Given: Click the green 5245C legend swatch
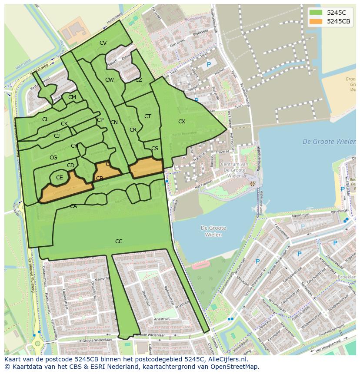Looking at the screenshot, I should click(x=316, y=13).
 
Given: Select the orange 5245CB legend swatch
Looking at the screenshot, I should click(x=316, y=21).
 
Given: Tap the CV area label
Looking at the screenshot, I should click(x=103, y=43).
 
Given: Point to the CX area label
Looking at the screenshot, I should click(x=182, y=122).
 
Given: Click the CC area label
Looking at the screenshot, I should click(x=119, y=242).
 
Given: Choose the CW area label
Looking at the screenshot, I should click(x=110, y=80).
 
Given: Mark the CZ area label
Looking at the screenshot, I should click(x=139, y=80).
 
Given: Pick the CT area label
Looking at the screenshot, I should click(x=147, y=116).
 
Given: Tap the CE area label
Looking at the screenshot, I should click(x=60, y=178).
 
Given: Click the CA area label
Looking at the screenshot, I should click(x=73, y=206).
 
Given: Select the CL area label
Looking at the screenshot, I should click(x=45, y=119).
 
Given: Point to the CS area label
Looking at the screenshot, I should click(x=155, y=149).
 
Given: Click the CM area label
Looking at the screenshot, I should click(x=72, y=97).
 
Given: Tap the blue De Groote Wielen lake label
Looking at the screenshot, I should click(x=329, y=142).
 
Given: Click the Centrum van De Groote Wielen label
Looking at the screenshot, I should click(x=234, y=170).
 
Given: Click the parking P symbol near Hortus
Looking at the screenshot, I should click(x=209, y=65).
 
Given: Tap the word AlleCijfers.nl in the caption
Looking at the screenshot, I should click(x=224, y=360).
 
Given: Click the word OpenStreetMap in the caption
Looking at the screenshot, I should click(x=237, y=367).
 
